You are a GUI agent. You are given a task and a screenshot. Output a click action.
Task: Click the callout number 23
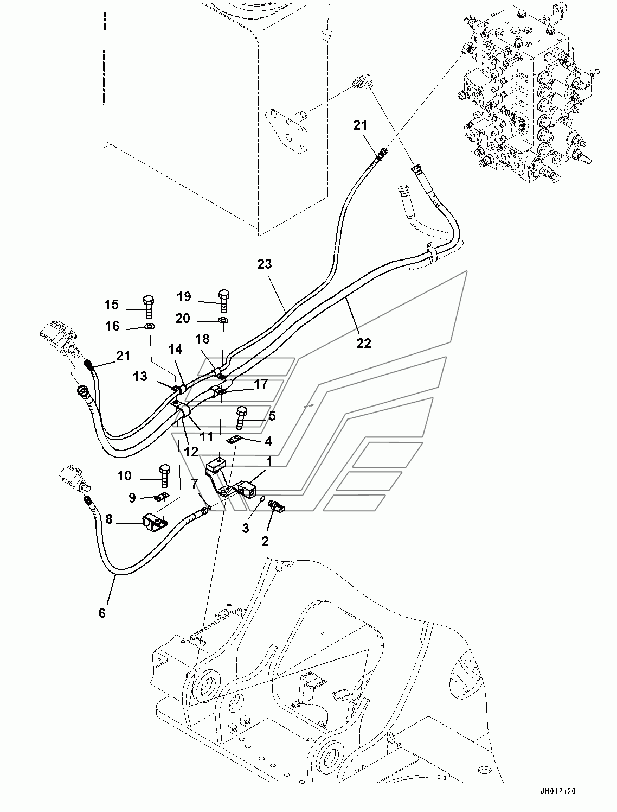click(x=265, y=264)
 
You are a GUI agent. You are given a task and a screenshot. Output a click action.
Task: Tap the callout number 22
click(x=364, y=342)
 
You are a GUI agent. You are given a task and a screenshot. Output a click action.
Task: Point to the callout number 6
click(x=102, y=613)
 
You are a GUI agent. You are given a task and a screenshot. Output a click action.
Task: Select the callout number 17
click(x=261, y=384)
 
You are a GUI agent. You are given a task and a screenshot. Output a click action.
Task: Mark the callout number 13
click(x=140, y=376)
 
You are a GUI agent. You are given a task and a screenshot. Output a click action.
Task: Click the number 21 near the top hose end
click(x=360, y=125)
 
